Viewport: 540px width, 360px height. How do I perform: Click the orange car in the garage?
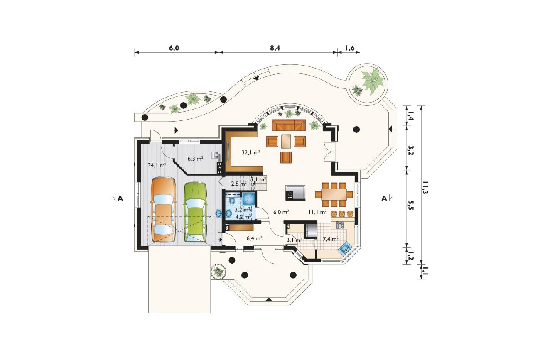pyautogui.click(x=163, y=210)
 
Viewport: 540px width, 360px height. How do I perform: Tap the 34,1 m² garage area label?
pyautogui.click(x=157, y=165)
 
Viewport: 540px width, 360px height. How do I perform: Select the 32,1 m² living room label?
pyautogui.click(x=251, y=152)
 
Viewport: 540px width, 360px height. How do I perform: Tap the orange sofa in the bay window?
pyautogui.click(x=289, y=125)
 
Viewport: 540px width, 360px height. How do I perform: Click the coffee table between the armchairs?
pyautogui.click(x=286, y=141)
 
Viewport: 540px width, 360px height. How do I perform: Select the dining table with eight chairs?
pyautogui.click(x=334, y=194)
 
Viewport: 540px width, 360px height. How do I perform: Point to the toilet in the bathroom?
pyautogui.click(x=232, y=201)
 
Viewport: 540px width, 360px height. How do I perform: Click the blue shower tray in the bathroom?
pyautogui.click(x=248, y=199)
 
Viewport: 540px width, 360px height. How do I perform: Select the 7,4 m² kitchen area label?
pyautogui.click(x=331, y=239)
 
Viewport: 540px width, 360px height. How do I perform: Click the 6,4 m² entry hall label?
pyautogui.click(x=255, y=238)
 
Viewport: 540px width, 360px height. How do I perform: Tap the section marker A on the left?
pyautogui.click(x=120, y=198)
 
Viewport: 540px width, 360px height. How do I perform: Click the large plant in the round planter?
pyautogui.click(x=373, y=79)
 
